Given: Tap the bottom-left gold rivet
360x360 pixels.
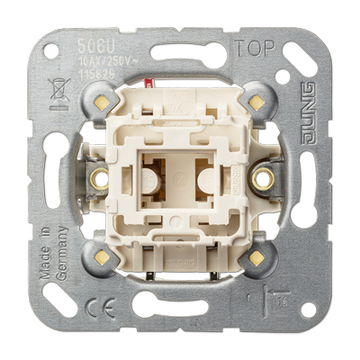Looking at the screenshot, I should pyautogui.click(x=102, y=258).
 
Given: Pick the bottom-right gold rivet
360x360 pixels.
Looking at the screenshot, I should pyautogui.click(x=258, y=258).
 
